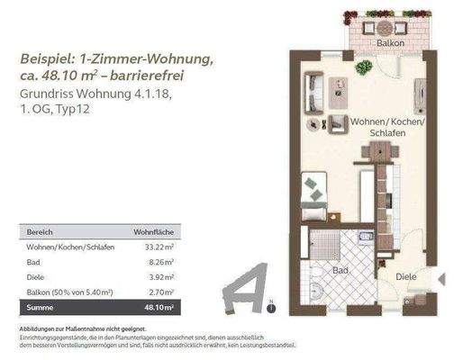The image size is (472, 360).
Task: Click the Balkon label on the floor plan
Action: pos(389,42)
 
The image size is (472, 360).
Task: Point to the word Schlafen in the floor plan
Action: pos(385,132)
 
